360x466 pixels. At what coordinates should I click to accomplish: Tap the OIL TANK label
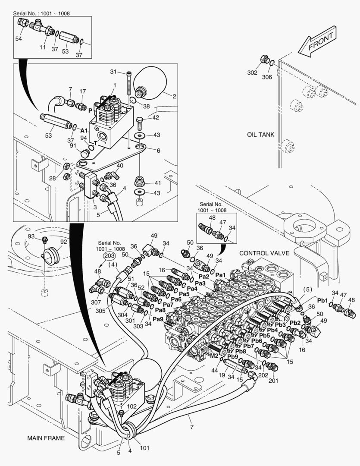coord(260,135)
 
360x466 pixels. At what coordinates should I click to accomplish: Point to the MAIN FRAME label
coord(46,438)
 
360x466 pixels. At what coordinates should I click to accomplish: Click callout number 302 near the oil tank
coord(253,72)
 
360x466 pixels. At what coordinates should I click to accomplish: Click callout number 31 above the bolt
coord(113,72)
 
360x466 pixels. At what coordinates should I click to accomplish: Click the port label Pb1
coord(323,300)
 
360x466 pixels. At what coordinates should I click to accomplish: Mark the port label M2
coord(214,356)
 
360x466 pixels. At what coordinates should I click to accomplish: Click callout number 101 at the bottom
coord(144,448)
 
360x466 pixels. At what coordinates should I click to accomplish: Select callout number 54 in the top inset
coord(19,39)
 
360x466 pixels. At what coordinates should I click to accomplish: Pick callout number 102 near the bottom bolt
coord(132,406)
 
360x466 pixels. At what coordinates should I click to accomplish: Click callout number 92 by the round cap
coord(63,242)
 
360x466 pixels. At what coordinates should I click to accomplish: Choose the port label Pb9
coord(233,356)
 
